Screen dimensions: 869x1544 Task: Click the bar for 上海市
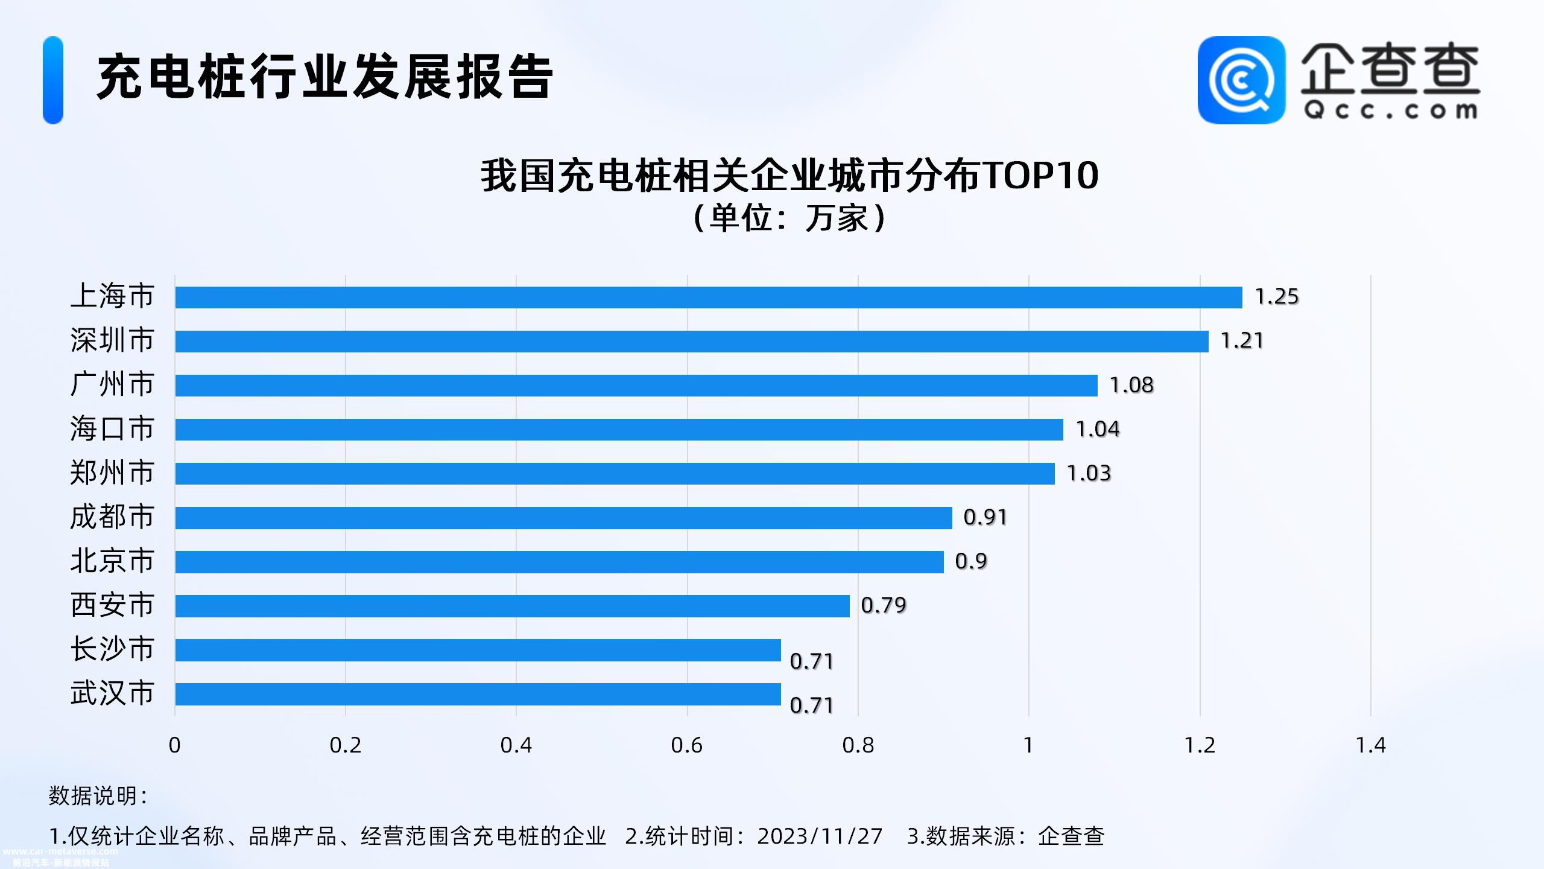point(709,298)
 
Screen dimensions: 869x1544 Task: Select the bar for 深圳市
point(692,342)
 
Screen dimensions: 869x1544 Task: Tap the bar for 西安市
point(512,606)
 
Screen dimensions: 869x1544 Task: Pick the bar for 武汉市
point(478,694)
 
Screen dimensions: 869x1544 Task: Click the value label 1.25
point(1276,297)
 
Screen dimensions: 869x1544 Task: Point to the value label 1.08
point(1131,385)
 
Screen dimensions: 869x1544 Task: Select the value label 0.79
point(883,605)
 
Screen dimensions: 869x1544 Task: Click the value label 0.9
point(971,561)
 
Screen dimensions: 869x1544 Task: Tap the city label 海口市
point(112,429)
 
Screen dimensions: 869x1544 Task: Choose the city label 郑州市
point(112,473)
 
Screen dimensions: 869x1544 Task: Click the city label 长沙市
point(112,649)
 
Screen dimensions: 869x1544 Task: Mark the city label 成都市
point(112,517)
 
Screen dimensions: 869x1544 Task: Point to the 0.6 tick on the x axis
point(686,746)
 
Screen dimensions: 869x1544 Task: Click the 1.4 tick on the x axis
point(1370,746)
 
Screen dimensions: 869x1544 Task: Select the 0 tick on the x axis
point(174,746)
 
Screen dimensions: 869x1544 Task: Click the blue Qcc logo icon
point(1241,80)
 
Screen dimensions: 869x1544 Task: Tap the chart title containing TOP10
point(789,176)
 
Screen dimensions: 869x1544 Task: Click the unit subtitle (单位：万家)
point(789,218)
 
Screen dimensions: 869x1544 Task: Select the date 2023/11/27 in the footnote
point(820,836)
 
